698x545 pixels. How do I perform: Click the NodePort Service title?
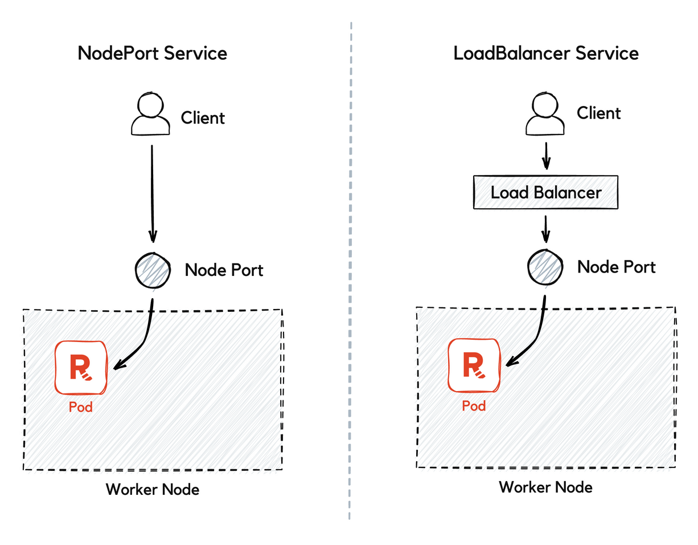coord(152,53)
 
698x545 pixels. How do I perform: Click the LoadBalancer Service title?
coord(545,53)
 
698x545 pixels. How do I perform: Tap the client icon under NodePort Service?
coord(151,116)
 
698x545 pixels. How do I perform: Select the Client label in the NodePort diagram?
coord(203,118)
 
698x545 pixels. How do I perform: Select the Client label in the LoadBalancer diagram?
coord(598,113)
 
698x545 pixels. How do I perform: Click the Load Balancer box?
coord(545,192)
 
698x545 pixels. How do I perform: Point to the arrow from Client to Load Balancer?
coord(546,155)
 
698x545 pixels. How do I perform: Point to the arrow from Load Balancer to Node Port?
coord(546,229)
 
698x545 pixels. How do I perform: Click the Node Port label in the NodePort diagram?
coord(224,270)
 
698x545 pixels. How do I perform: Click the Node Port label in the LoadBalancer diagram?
coord(616,267)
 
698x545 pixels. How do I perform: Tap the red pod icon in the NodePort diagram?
coord(81,367)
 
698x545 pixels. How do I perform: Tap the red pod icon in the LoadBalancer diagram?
coord(474,365)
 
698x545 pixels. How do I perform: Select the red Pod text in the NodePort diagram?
coord(80,408)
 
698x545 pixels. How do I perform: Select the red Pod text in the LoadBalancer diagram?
coord(473,405)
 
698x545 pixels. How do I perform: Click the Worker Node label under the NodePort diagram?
coord(153,489)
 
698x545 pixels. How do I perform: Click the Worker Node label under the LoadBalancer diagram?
coord(545,487)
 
